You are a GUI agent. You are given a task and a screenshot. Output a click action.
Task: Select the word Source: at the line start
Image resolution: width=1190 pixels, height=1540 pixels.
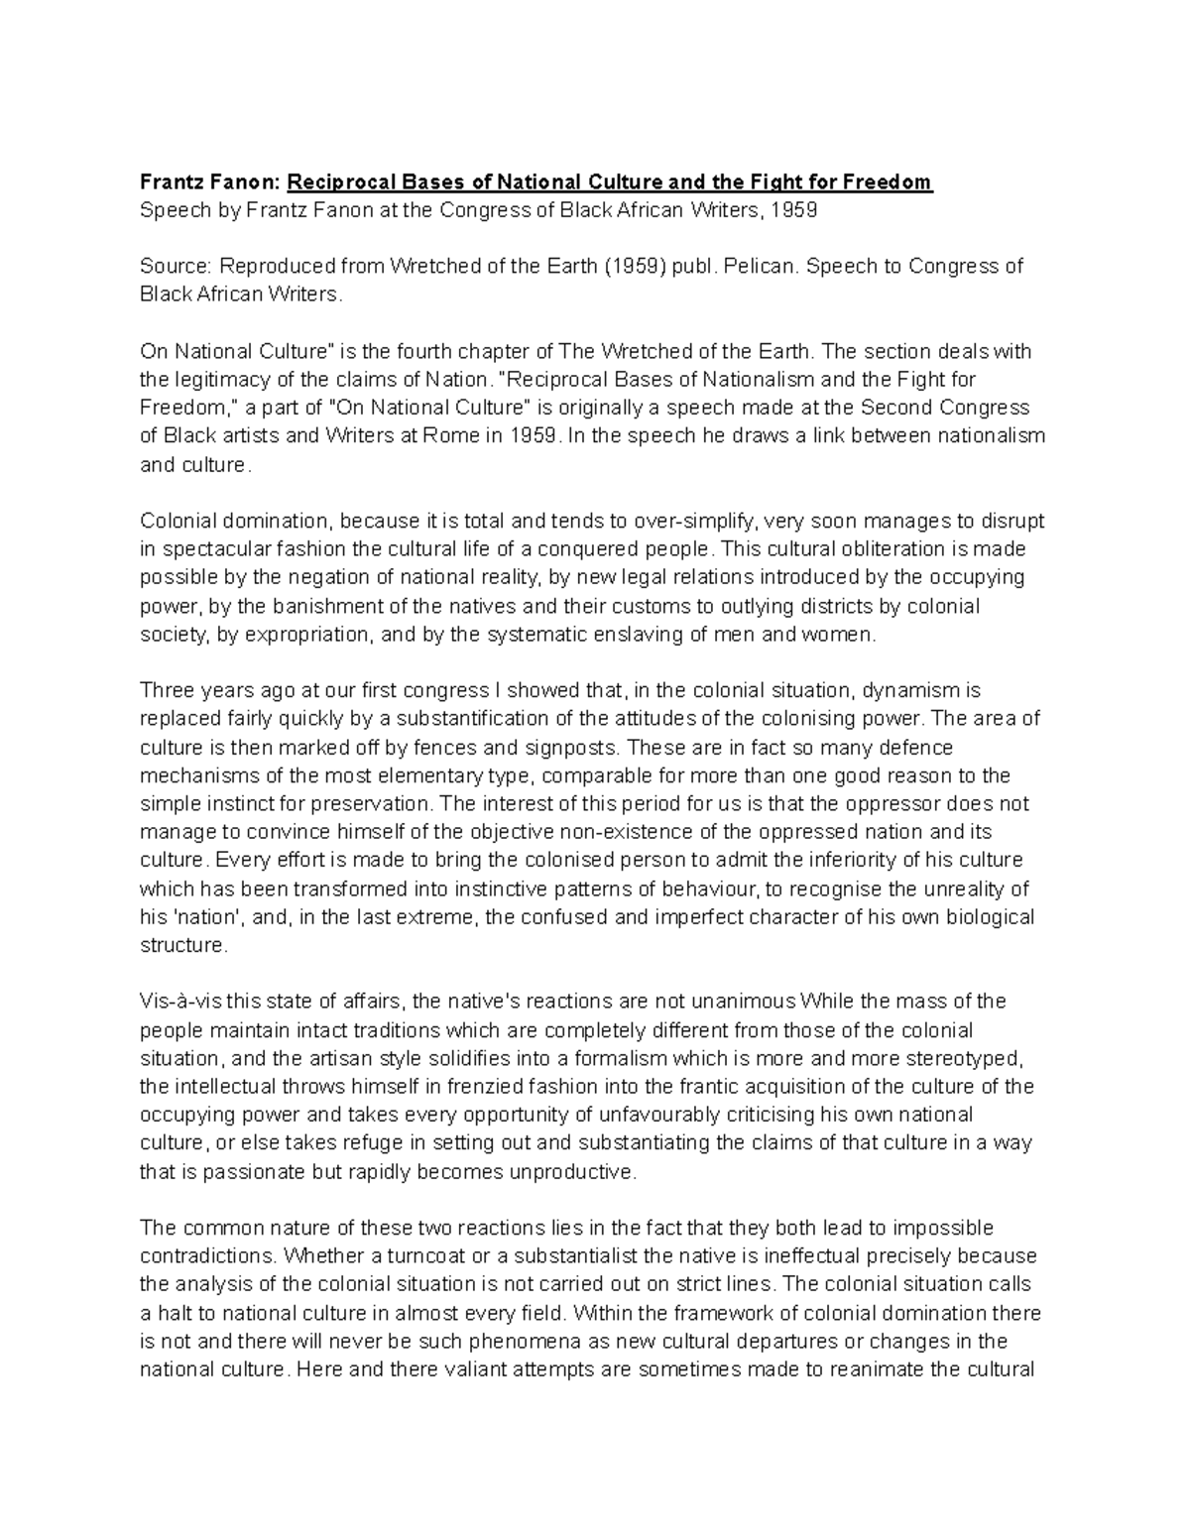(176, 267)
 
